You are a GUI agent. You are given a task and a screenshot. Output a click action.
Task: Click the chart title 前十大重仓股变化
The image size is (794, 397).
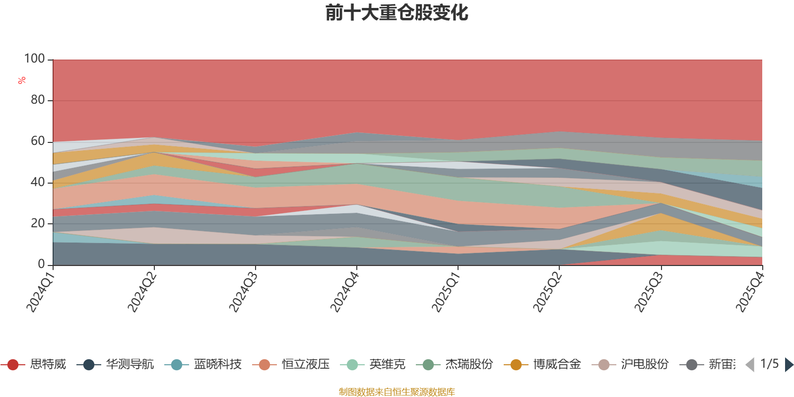(x=397, y=13)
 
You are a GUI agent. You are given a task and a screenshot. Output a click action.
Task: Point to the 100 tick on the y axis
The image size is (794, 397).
(x=35, y=59)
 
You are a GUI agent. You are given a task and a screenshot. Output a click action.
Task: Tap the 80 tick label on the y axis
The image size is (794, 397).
(x=38, y=100)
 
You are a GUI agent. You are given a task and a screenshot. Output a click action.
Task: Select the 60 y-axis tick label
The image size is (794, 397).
(x=38, y=141)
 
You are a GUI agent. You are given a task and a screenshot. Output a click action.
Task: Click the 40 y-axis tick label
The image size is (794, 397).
(x=38, y=183)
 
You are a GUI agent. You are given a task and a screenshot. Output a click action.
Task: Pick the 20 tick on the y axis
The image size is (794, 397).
(x=38, y=223)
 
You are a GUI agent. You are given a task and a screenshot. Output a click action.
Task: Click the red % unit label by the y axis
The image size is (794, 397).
(x=22, y=80)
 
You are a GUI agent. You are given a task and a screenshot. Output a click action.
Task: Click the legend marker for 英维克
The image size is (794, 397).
(x=351, y=365)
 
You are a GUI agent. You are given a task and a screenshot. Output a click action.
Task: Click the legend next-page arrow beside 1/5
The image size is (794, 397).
(x=789, y=365)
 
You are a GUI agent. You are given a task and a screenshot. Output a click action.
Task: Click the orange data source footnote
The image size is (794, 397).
(x=397, y=392)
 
